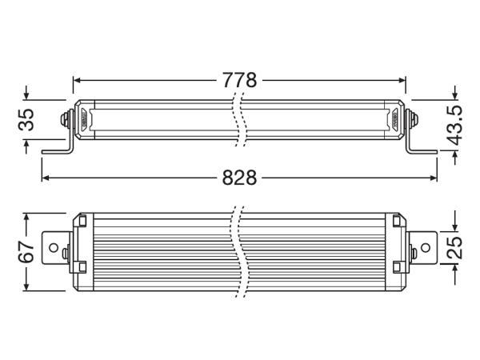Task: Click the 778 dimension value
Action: click(x=239, y=80)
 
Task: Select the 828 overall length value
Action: click(x=239, y=178)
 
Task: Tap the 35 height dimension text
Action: click(x=26, y=120)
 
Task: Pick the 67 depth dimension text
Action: click(x=26, y=251)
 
